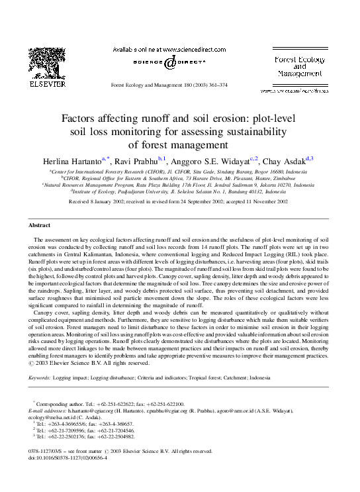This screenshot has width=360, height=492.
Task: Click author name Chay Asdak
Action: pyautogui.click(x=283, y=161)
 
